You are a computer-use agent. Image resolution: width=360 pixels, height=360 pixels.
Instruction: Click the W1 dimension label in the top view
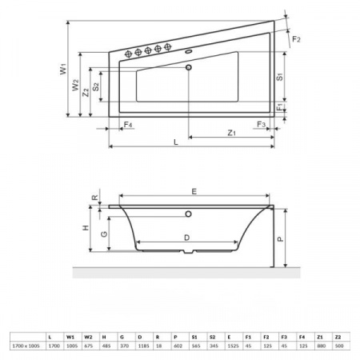click(62, 71)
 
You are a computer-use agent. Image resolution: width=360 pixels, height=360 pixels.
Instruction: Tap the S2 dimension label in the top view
click(96, 86)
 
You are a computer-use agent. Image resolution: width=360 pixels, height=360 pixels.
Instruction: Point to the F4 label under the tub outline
click(128, 126)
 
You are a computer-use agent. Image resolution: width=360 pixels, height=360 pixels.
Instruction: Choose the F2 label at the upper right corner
click(297, 38)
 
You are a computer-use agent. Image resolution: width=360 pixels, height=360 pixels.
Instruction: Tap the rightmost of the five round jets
click(168, 50)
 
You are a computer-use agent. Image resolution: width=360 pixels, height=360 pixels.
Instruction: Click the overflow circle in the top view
click(190, 69)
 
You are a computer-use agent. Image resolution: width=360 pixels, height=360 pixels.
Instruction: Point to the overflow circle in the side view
click(190, 214)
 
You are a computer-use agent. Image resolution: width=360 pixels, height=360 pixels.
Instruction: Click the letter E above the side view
click(194, 190)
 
